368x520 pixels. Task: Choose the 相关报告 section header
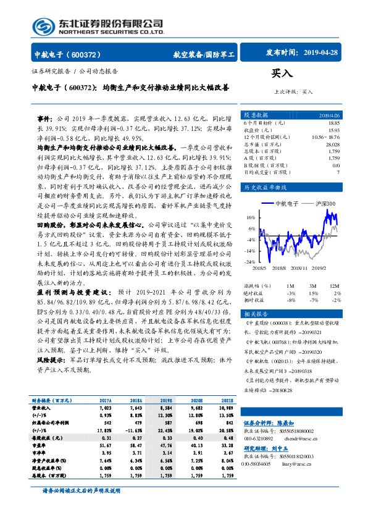coord(256,314)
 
